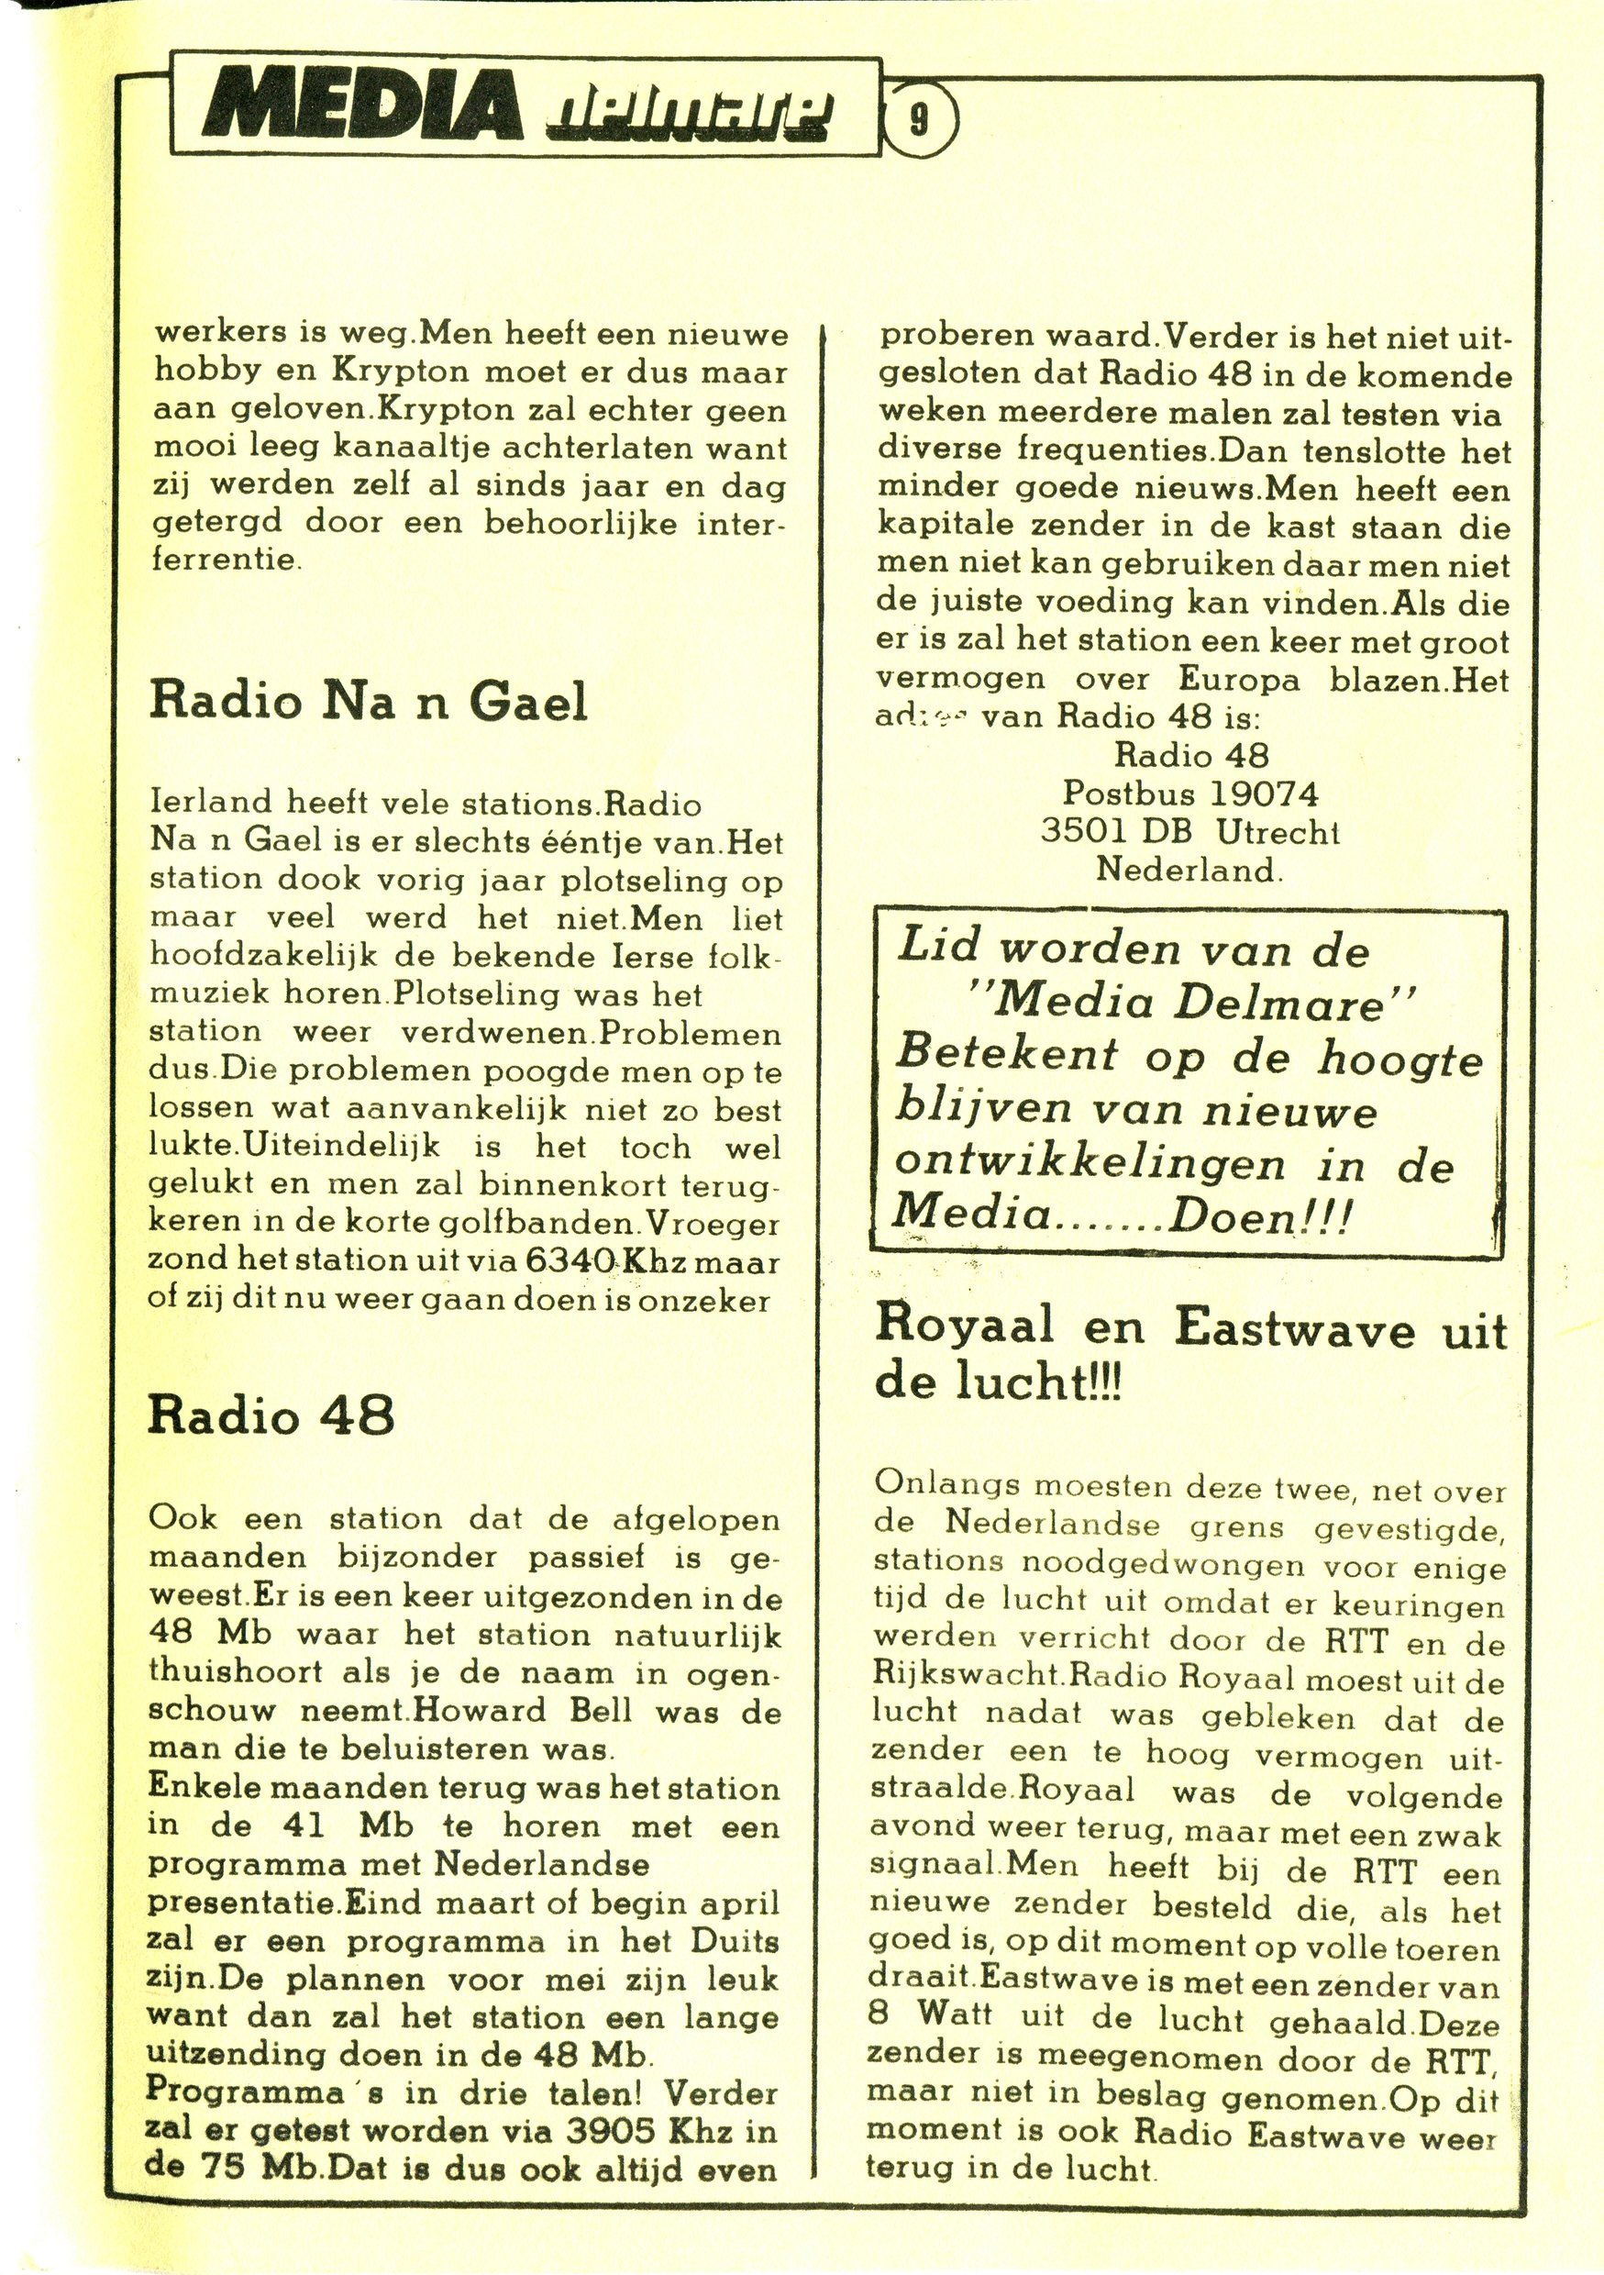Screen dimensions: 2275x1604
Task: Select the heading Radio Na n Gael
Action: click(x=368, y=703)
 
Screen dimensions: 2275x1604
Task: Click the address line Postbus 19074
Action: click(x=1191, y=793)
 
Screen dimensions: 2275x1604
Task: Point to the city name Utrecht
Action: click(x=1278, y=832)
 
